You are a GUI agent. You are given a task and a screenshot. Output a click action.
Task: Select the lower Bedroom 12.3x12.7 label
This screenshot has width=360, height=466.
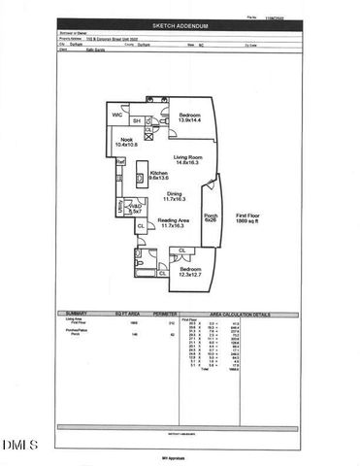190,271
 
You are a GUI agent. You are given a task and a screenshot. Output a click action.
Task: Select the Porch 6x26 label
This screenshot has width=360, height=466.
212,217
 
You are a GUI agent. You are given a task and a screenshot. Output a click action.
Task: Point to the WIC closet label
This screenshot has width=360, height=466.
117,116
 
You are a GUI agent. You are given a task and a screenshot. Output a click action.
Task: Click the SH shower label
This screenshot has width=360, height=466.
137,120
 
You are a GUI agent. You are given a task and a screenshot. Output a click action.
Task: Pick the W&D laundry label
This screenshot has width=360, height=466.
135,208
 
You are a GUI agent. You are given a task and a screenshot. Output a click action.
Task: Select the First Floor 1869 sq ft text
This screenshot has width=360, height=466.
245,218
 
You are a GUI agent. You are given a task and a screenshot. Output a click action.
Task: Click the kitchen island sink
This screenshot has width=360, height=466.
140,178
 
